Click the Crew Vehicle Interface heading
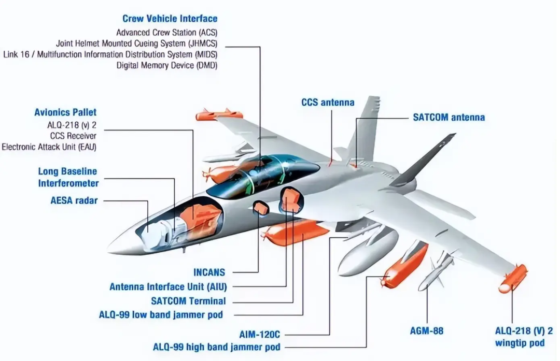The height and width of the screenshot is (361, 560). pyautogui.click(x=170, y=19)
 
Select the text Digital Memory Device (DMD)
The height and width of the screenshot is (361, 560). pyautogui.click(x=166, y=66)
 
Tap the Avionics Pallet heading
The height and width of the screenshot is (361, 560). pyautogui.click(x=65, y=112)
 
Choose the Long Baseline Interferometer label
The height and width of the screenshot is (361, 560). pyautogui.click(x=68, y=177)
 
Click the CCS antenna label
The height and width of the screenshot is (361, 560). pyautogui.click(x=328, y=102)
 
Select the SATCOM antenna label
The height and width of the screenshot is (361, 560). pyautogui.click(x=449, y=117)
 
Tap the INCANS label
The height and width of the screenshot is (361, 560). pyautogui.click(x=209, y=272)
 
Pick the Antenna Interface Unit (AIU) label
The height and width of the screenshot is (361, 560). pyautogui.click(x=168, y=286)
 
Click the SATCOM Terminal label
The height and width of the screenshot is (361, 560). pyautogui.click(x=188, y=301)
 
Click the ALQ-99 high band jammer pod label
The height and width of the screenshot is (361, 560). pyautogui.click(x=216, y=346)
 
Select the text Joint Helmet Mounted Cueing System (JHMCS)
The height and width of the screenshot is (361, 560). pyautogui.click(x=136, y=43)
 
